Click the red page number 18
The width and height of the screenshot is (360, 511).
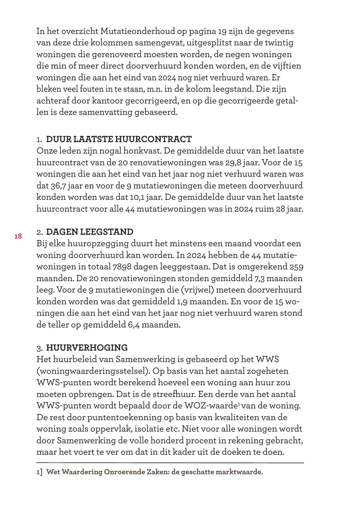18,236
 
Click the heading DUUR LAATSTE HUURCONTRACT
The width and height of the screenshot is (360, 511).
119,139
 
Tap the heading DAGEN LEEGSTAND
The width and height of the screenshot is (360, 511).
90,232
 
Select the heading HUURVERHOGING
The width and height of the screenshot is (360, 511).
87,348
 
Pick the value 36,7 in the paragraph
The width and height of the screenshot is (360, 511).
57,186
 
